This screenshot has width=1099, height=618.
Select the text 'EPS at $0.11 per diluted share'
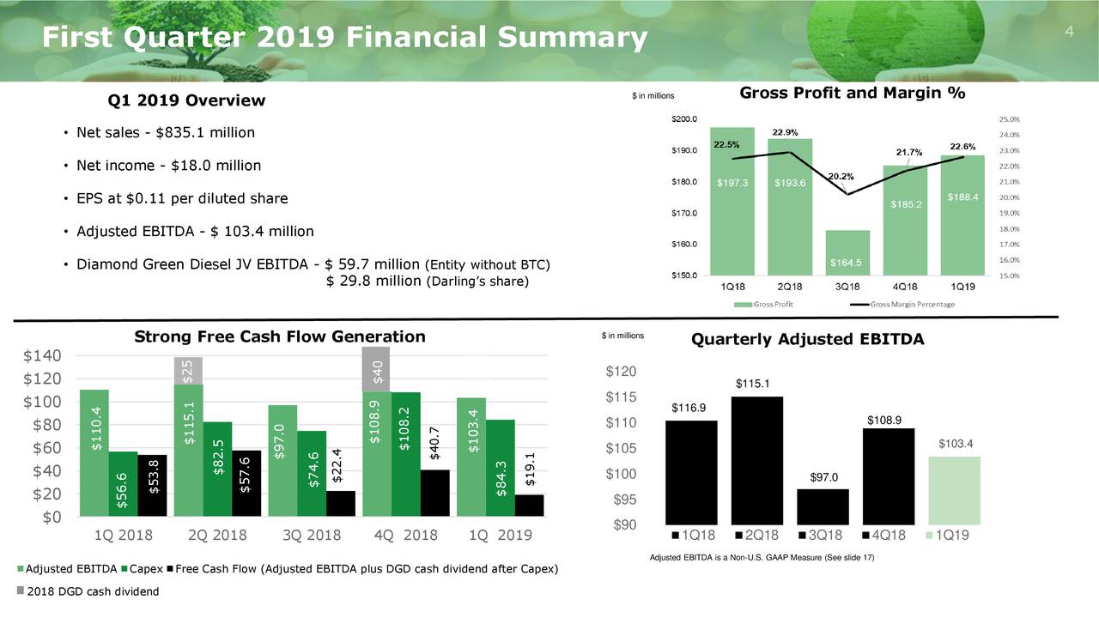182,199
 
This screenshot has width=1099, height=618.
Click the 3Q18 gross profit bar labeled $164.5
848,253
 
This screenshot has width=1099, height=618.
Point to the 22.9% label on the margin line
786,133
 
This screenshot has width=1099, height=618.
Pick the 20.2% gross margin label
842,176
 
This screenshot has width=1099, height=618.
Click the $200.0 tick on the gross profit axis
684,119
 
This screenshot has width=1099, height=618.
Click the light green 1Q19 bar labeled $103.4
954,490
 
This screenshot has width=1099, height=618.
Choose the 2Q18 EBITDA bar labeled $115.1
757,460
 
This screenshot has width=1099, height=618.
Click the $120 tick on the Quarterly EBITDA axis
621,372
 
